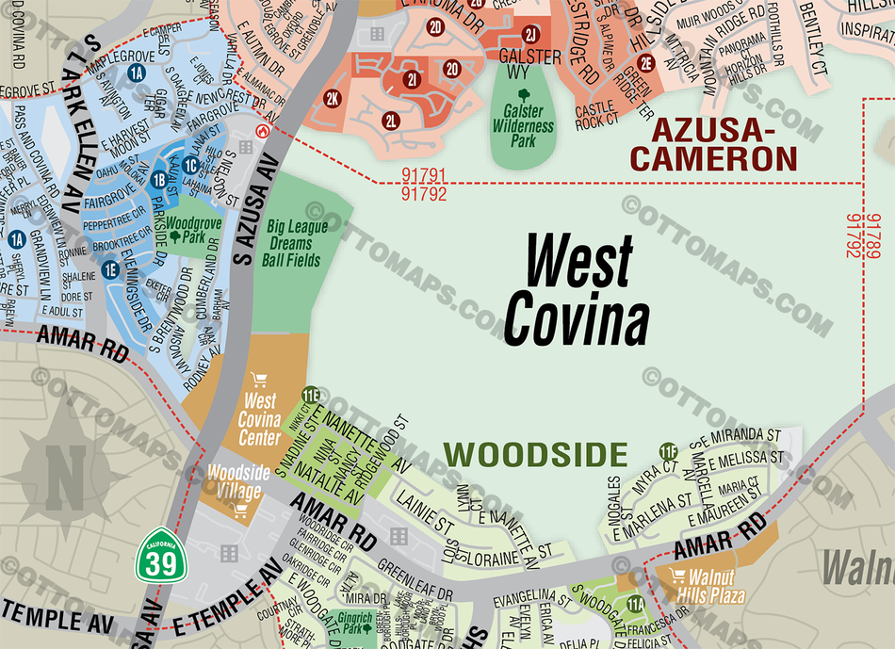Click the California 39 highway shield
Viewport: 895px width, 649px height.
click(157, 555)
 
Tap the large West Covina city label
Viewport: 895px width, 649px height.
click(577, 290)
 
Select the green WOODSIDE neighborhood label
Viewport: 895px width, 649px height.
click(536, 455)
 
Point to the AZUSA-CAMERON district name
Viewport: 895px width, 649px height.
click(713, 143)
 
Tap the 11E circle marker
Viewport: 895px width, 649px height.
click(311, 395)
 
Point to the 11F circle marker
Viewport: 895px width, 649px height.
click(670, 451)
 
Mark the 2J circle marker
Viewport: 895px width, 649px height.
click(530, 36)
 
